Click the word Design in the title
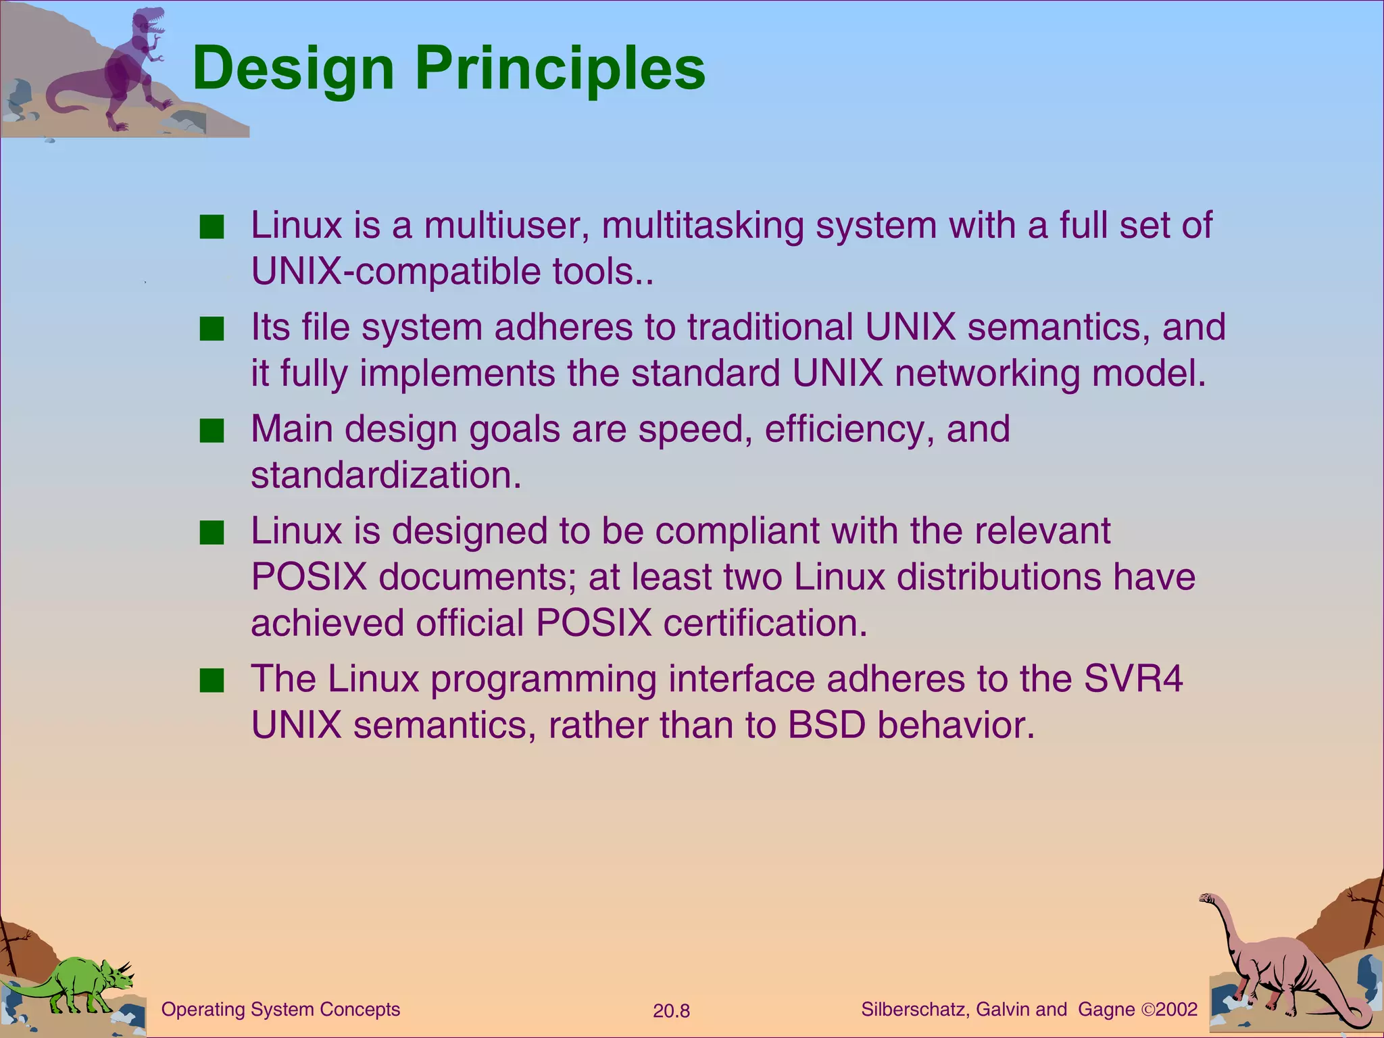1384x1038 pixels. (293, 69)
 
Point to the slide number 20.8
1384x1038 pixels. (671, 1011)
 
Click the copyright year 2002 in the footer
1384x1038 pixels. (1177, 1010)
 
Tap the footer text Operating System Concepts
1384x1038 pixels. (280, 1010)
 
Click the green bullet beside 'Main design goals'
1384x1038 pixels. (212, 430)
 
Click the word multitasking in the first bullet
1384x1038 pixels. (702, 225)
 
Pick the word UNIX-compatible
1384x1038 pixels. (396, 272)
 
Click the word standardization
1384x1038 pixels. (385, 475)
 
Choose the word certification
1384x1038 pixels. (764, 623)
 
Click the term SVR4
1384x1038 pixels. (1133, 678)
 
